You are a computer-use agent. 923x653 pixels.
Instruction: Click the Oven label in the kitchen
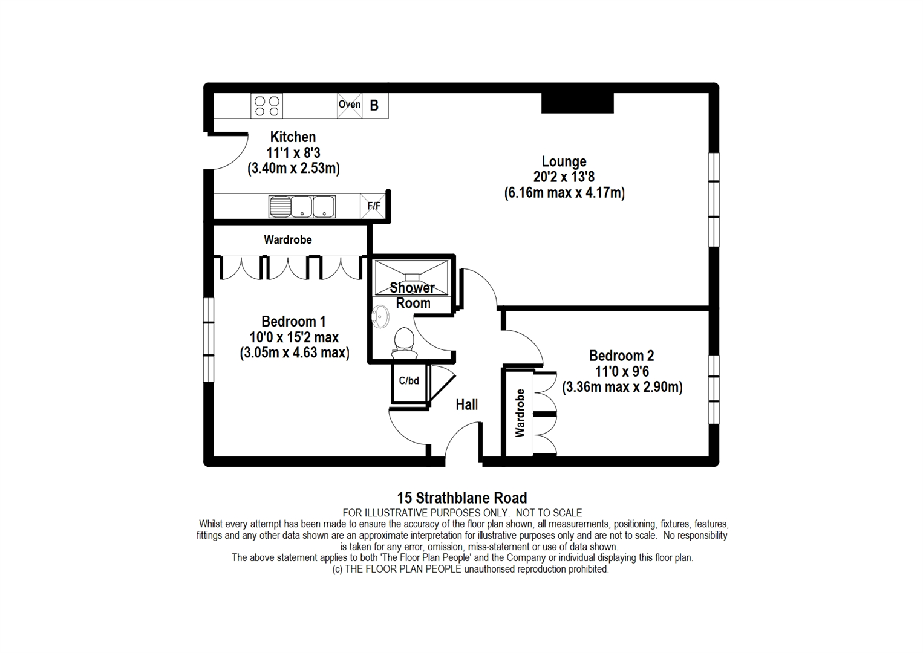pyautogui.click(x=349, y=105)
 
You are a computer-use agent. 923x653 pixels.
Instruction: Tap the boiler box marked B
pyautogui.click(x=374, y=105)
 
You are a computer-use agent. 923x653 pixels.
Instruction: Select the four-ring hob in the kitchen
pyautogui.click(x=267, y=106)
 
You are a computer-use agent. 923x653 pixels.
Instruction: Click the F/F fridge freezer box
pyautogui.click(x=374, y=206)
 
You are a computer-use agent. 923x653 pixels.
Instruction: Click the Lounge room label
pyautogui.click(x=564, y=161)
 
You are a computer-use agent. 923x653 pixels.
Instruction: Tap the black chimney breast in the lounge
pyautogui.click(x=577, y=103)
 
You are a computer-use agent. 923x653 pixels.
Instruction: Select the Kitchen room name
pyautogui.click(x=293, y=137)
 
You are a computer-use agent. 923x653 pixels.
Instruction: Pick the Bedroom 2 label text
pyautogui.click(x=621, y=356)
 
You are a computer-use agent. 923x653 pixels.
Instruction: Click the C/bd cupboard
pyautogui.click(x=409, y=381)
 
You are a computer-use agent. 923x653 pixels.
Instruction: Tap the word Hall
pyautogui.click(x=466, y=404)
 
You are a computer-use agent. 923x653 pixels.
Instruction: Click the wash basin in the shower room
pyautogui.click(x=380, y=316)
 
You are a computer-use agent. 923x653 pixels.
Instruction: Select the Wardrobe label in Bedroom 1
pyautogui.click(x=287, y=240)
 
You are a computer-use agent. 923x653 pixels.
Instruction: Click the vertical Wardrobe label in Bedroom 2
pyautogui.click(x=520, y=413)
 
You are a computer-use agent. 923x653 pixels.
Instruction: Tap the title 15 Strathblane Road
pyautogui.click(x=461, y=498)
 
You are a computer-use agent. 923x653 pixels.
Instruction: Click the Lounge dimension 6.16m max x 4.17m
pyautogui.click(x=564, y=193)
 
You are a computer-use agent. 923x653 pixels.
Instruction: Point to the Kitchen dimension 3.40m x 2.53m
pyautogui.click(x=293, y=169)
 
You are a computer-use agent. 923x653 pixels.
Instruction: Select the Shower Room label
pyautogui.click(x=413, y=295)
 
